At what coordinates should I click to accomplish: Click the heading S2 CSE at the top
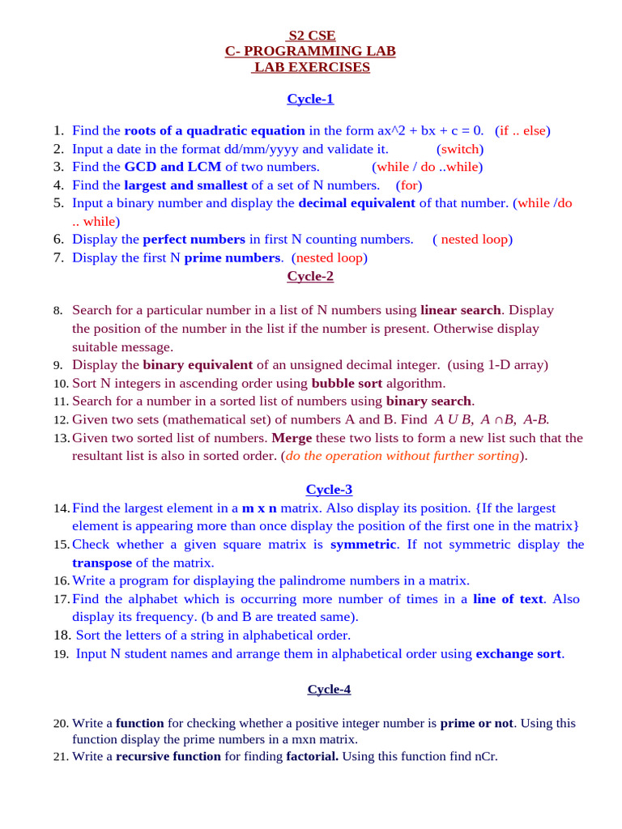pyautogui.click(x=312, y=36)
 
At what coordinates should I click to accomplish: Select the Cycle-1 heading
pyautogui.click(x=310, y=99)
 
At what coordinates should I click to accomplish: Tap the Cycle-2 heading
pyautogui.click(x=310, y=276)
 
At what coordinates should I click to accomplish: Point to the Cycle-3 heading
pyautogui.click(x=329, y=489)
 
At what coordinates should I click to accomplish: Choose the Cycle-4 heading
pyautogui.click(x=329, y=689)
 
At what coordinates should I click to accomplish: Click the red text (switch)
pyautogui.click(x=459, y=149)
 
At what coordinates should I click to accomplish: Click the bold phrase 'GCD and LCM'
pyautogui.click(x=173, y=167)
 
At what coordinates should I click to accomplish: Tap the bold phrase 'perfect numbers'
pyautogui.click(x=194, y=239)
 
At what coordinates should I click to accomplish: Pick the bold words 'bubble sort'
pyautogui.click(x=347, y=383)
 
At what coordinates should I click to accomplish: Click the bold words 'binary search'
pyautogui.click(x=428, y=401)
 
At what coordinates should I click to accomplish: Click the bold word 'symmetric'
pyautogui.click(x=363, y=544)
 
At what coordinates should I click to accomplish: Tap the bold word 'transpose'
pyautogui.click(x=102, y=563)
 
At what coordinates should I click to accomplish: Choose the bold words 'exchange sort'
pyautogui.click(x=518, y=653)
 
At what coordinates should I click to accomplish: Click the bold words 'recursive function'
pyautogui.click(x=168, y=756)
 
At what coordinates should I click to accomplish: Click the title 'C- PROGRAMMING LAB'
pyautogui.click(x=310, y=52)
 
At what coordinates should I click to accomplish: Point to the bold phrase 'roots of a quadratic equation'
pyautogui.click(x=215, y=130)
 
